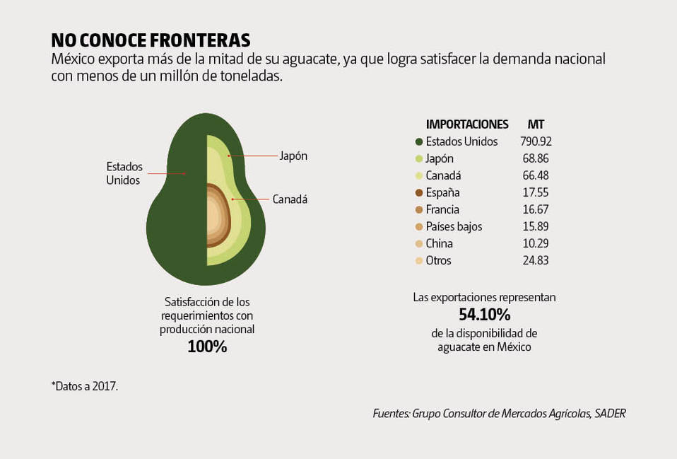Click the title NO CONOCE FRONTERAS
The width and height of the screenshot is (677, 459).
[x=151, y=40]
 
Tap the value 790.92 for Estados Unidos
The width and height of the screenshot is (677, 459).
[x=536, y=141]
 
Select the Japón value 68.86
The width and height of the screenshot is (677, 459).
[x=534, y=158]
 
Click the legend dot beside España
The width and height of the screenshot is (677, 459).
[x=419, y=192]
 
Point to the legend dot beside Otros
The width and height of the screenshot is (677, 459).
[x=419, y=260]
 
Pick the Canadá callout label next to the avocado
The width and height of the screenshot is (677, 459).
[x=290, y=199]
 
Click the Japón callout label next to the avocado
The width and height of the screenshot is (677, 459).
[x=293, y=156]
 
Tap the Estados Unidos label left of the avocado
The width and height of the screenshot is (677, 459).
[x=124, y=173]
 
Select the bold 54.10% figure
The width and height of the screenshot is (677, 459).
[x=484, y=314]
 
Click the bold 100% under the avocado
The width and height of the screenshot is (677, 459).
[x=207, y=347]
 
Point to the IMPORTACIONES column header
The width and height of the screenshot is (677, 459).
[x=467, y=124]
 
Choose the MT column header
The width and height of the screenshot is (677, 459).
[x=536, y=124]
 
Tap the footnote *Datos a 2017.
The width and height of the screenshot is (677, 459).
[x=84, y=386]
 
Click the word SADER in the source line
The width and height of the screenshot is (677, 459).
[x=611, y=413]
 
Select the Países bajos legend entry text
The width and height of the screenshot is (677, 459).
[x=454, y=226]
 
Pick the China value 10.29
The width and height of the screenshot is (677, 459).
[x=534, y=243]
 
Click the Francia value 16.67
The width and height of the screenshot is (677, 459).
[x=534, y=209]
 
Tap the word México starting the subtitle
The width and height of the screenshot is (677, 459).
[x=73, y=59]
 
